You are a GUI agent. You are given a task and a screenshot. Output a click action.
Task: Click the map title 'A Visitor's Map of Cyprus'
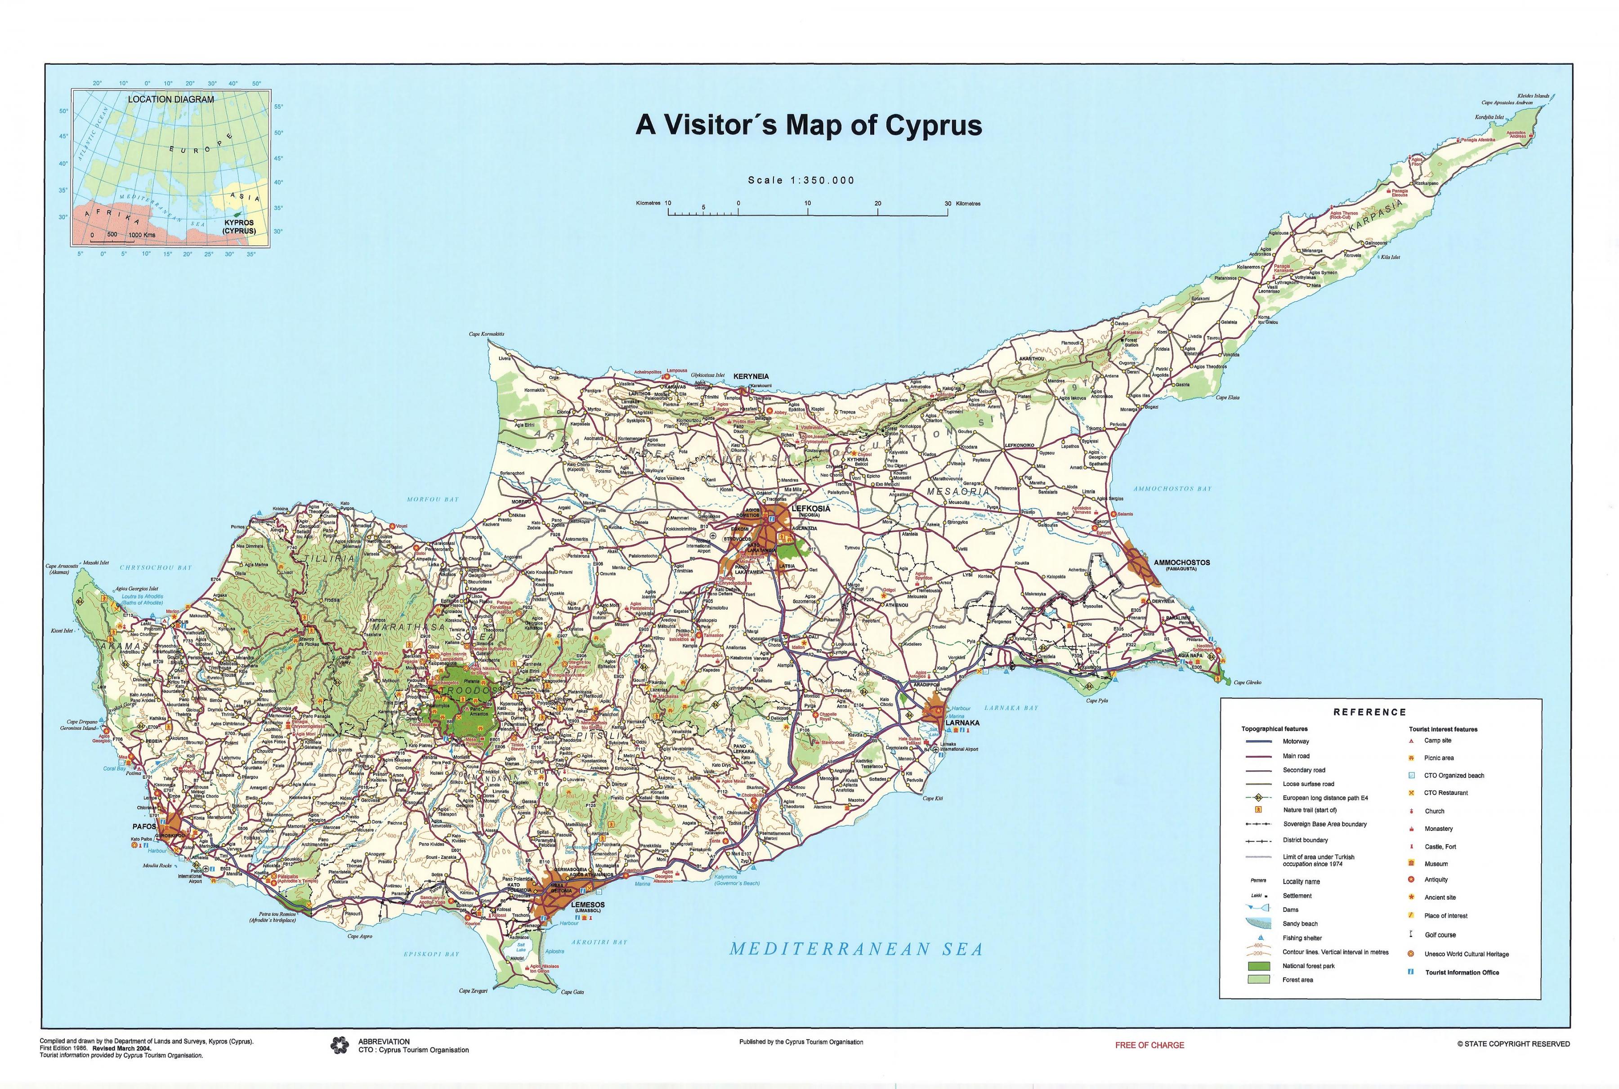coord(809,125)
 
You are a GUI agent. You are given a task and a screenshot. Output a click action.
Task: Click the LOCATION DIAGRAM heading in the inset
coord(171,99)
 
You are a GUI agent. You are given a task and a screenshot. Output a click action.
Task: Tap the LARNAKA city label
coord(962,723)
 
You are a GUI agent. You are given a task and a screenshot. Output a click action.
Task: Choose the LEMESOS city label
coord(588,905)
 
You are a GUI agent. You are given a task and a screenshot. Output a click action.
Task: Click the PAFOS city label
coord(144,827)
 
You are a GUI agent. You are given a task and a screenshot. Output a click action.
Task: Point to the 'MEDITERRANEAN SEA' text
coord(856,950)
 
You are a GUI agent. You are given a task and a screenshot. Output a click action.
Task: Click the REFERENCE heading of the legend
coord(1369,712)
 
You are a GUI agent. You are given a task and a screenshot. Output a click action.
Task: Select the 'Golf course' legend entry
coord(1440,935)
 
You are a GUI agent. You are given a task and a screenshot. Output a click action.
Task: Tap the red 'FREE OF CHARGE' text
coord(1149,1045)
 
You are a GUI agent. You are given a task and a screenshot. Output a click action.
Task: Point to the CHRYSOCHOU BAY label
coord(156,567)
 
